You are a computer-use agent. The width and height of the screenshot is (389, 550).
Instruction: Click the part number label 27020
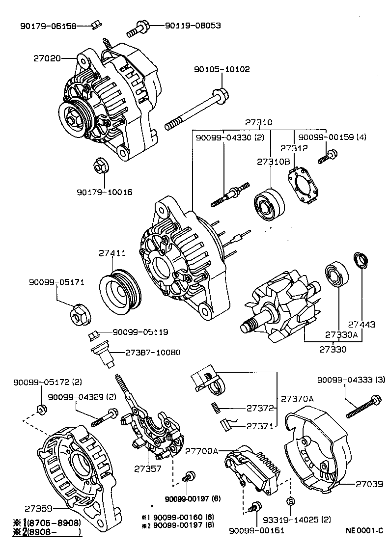(47, 58)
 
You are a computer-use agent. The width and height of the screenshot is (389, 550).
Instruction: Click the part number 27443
(361, 325)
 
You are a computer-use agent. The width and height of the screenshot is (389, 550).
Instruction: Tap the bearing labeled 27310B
(269, 203)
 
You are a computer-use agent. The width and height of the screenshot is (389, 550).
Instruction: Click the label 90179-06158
(48, 26)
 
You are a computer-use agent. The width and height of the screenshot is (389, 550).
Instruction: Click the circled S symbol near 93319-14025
(290, 501)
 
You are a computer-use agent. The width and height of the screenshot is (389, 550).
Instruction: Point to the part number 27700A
(201, 450)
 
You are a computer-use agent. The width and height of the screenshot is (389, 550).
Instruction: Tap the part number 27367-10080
(152, 352)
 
